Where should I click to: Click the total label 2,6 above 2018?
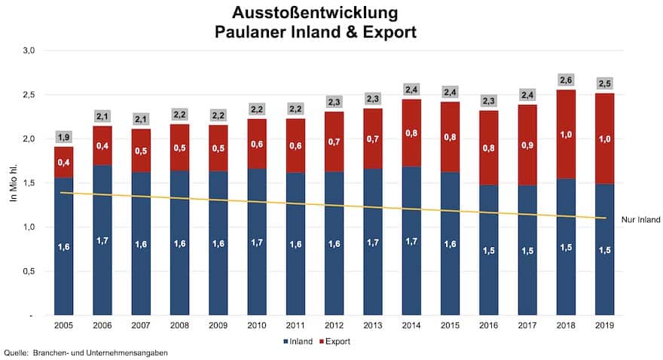pos(567,79)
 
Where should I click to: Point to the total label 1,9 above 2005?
pos(63,137)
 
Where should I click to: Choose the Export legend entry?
pos(336,341)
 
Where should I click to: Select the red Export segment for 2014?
pos(412,133)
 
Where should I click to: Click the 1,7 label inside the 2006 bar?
pos(102,240)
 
